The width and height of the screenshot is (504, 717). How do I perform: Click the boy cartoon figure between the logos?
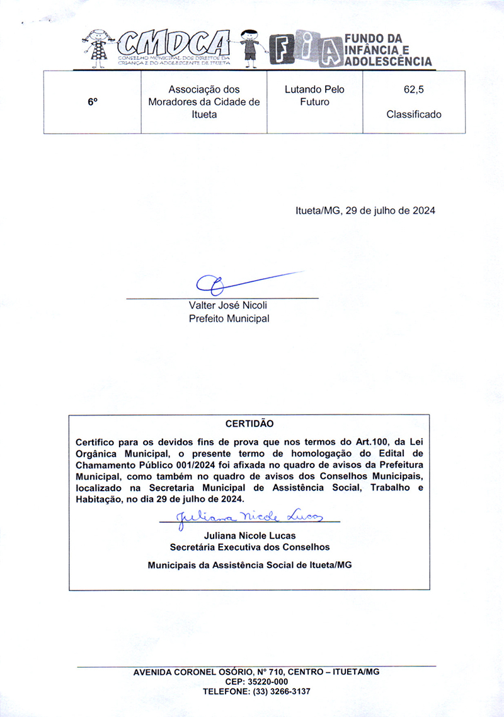coord(251,47)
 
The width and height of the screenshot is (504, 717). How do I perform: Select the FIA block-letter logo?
coord(305,50)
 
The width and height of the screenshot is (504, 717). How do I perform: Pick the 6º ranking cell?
coord(93,102)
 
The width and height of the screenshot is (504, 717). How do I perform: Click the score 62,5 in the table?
coord(414,90)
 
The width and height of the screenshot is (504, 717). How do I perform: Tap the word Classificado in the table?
coord(414,114)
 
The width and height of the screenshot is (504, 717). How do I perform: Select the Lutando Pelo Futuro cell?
coord(314,96)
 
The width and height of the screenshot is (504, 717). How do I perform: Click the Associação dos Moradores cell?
coord(203,102)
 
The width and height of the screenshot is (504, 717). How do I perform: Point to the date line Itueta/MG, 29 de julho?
coord(365,211)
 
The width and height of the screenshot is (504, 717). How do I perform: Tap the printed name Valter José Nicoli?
coord(228,305)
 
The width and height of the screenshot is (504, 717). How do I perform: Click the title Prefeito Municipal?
coord(229,318)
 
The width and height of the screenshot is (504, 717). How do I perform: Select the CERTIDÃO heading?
coord(249,424)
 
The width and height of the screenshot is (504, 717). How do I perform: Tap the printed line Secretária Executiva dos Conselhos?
coord(249,547)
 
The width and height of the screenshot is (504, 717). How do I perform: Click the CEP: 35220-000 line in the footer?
coord(256,682)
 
